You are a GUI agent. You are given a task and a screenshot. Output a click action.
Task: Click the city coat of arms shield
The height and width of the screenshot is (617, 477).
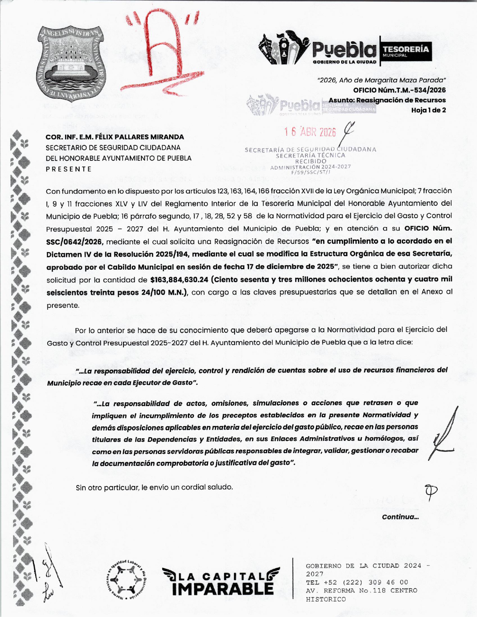point(71,61)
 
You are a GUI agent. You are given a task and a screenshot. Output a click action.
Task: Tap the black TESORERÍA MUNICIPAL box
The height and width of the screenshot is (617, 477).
point(406,52)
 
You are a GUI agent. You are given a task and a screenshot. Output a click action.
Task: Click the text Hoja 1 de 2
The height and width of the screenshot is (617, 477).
point(428,110)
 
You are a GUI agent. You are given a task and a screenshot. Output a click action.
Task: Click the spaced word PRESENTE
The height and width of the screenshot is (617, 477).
point(68,169)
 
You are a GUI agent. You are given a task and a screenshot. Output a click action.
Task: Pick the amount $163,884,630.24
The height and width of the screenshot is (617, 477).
point(179,279)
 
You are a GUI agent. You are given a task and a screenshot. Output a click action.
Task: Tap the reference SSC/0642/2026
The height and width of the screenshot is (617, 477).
point(74,242)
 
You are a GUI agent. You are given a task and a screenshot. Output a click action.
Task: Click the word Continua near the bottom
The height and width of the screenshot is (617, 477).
point(400,517)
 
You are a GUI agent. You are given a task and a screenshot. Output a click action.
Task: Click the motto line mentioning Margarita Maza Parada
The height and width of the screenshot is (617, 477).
point(381,80)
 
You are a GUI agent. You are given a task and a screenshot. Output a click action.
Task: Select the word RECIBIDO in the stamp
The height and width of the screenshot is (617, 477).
point(311,161)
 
